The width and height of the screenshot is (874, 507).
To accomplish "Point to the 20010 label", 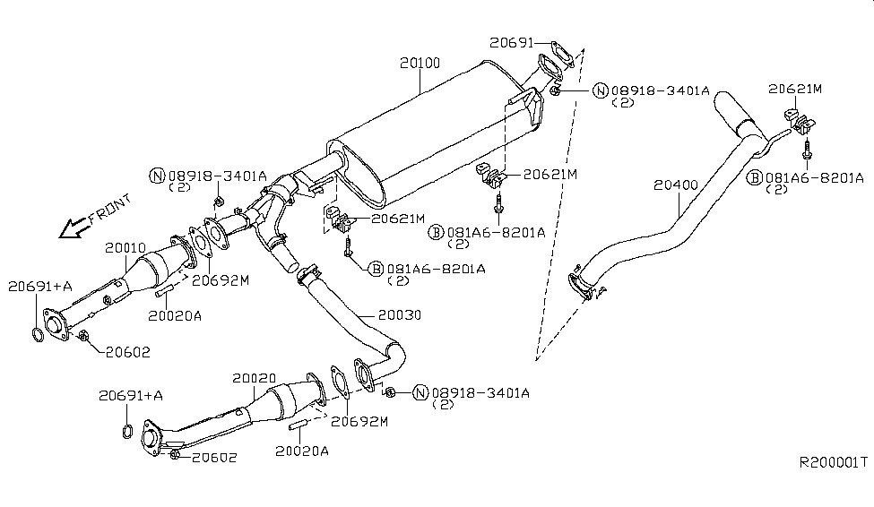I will pos(125,246).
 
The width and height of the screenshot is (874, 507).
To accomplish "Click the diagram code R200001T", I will pos(834,462).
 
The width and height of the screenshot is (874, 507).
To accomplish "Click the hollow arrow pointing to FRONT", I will pos(72,229).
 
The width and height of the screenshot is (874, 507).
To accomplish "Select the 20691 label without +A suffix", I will pos(512,41).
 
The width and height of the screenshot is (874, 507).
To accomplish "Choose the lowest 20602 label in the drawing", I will pos(213,457).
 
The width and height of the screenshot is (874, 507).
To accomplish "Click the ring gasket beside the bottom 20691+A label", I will pos(126,434).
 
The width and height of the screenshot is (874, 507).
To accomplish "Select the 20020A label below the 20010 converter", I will pos(175,315).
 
